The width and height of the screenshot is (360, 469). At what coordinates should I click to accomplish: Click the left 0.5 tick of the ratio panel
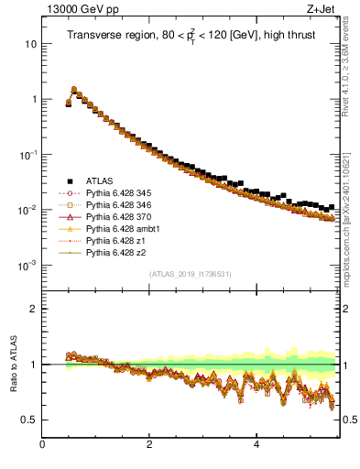pos(29,420)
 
